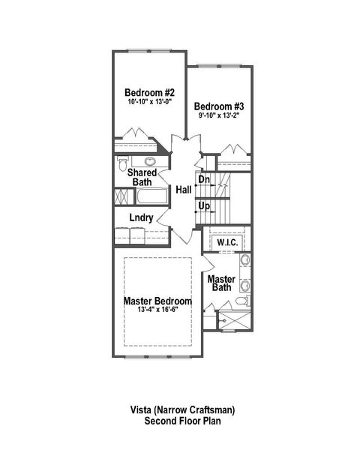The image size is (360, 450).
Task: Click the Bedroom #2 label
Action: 149,93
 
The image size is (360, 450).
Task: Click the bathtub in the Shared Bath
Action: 153,197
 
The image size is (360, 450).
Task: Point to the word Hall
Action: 183,190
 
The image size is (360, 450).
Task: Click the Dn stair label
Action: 204,179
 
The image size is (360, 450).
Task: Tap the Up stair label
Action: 204,205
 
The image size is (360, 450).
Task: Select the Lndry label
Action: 141,218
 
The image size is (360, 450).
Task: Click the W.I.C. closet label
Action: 227,243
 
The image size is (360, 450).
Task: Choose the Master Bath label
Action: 222,283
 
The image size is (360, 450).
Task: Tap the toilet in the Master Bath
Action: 241,301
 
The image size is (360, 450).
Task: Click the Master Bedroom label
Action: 157,301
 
